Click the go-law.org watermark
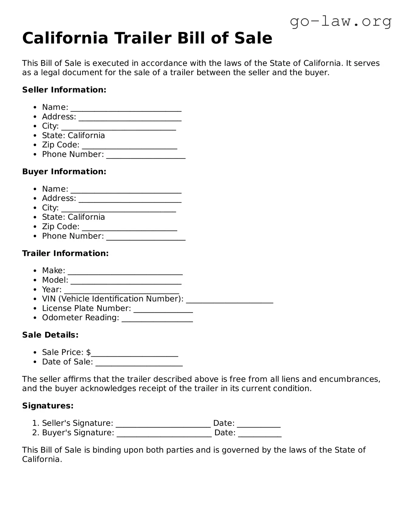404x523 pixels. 341,22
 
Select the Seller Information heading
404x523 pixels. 64,90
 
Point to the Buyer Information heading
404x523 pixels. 64,172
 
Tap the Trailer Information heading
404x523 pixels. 65,253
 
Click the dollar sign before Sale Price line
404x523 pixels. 88,352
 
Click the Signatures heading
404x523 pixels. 48,406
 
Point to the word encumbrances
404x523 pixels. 349,379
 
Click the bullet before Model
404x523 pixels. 36,280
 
